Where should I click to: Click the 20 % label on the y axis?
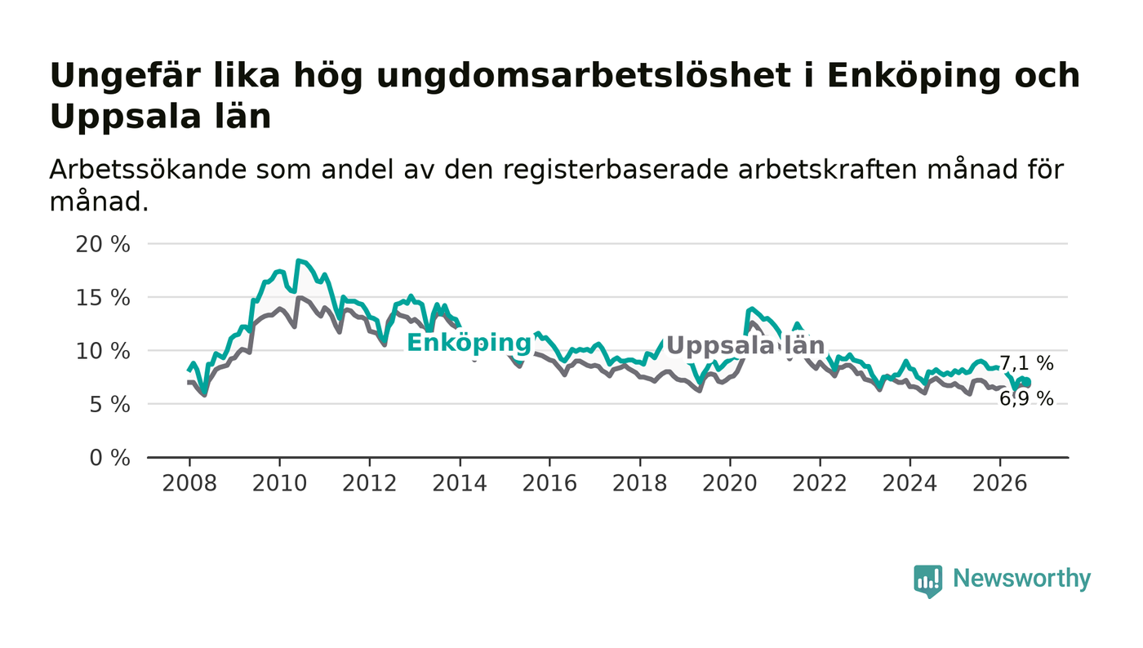[103, 244]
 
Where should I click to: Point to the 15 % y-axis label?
[103, 298]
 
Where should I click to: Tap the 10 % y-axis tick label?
[103, 352]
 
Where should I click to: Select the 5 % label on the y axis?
[109, 405]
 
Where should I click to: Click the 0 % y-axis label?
[109, 458]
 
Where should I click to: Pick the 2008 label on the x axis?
[189, 484]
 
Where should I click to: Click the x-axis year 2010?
[279, 484]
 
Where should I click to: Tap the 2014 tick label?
[460, 484]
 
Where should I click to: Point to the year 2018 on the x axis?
[640, 484]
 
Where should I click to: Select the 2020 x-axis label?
[730, 484]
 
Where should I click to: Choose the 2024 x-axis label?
[910, 484]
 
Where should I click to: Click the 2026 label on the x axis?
[999, 484]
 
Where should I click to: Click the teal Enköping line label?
[469, 344]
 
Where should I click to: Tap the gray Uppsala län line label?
[745, 346]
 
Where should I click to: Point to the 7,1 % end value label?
[1026, 364]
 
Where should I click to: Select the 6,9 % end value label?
[1026, 399]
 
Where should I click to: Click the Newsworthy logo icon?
[928, 581]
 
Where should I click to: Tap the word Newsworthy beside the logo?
[1022, 579]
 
